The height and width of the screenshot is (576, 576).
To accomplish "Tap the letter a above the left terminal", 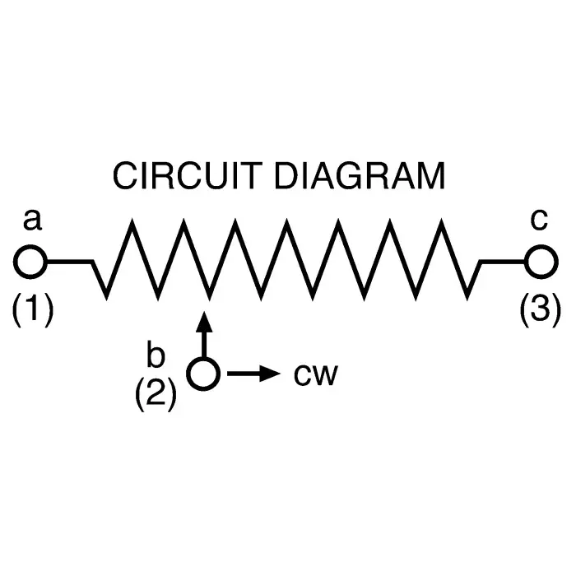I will click(x=31, y=221).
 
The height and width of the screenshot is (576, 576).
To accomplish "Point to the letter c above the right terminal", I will click(x=539, y=220).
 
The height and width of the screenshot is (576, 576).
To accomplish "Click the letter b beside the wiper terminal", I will click(x=155, y=355).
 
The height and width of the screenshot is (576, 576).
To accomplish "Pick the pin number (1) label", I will click(x=33, y=310).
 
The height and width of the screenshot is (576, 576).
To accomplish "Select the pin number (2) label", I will click(x=155, y=395).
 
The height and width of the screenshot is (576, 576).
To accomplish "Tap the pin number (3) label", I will click(x=541, y=310).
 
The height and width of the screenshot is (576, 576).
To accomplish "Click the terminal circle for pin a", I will click(x=31, y=262).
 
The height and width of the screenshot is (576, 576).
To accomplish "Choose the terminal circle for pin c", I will click(x=540, y=262).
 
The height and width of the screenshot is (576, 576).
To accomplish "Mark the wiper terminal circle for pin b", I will click(x=203, y=374).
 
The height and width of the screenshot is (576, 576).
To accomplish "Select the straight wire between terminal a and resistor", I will click(x=70, y=262).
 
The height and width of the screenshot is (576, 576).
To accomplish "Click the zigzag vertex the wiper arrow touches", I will click(x=209, y=296).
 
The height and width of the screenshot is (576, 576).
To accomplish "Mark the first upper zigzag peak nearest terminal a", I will click(x=129, y=222).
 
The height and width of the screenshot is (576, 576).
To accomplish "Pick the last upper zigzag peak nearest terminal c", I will click(x=445, y=222).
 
